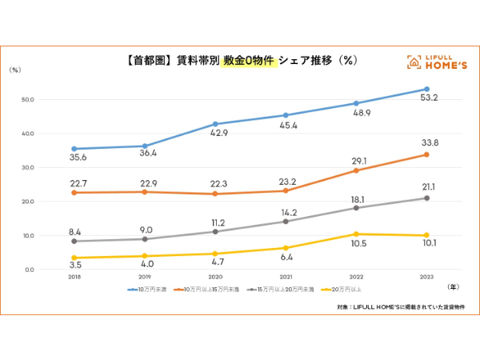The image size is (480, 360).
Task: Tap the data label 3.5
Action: click(74, 263)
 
